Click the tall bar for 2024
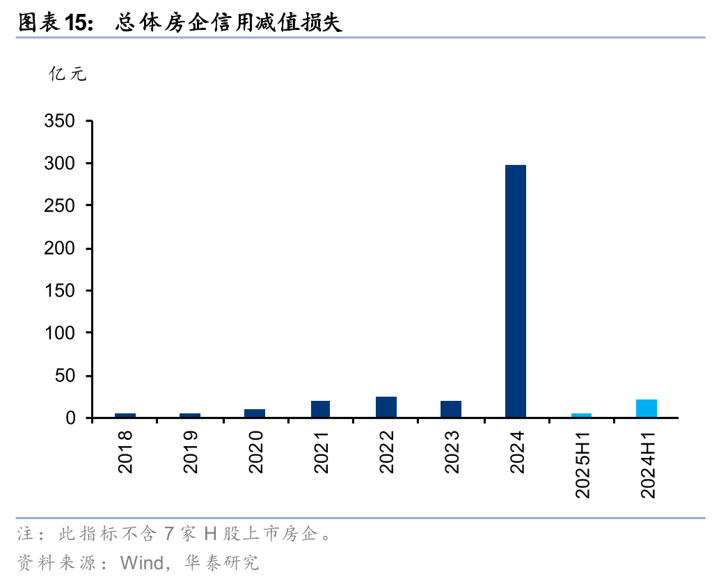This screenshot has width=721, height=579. (516, 291)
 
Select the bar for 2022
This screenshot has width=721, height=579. (386, 407)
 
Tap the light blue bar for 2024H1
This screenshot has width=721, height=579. (647, 409)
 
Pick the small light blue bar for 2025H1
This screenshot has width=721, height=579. (581, 415)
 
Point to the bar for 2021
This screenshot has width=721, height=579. (321, 409)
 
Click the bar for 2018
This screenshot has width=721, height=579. (125, 415)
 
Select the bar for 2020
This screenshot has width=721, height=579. (255, 413)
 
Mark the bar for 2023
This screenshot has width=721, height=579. (451, 409)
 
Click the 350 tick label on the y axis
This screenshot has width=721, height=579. (59, 121)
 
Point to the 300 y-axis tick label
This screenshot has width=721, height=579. (59, 164)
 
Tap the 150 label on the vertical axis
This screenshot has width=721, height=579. (59, 291)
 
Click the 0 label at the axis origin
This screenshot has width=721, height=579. (70, 418)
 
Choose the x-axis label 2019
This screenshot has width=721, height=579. (190, 452)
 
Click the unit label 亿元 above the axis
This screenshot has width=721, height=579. (67, 74)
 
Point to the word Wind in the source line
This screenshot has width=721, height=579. (142, 562)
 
